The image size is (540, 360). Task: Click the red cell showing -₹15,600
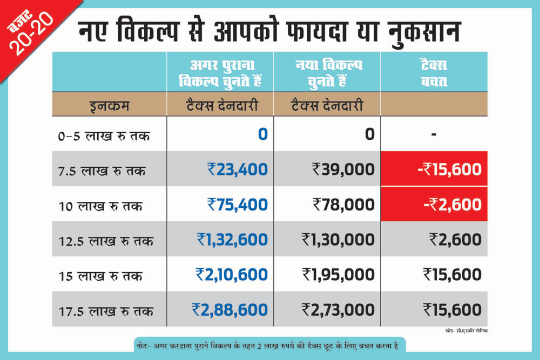tap(434, 169)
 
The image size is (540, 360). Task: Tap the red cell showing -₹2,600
tap(434, 205)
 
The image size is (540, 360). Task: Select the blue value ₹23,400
tap(238, 169)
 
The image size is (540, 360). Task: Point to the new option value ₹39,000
tap(343, 169)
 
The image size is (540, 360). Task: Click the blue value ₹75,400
tap(238, 205)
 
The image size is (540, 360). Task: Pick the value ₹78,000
tap(343, 205)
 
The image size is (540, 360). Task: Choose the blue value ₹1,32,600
tap(232, 239)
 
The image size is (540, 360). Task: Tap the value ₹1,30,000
tap(338, 239)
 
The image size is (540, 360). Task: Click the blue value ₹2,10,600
tap(232, 274)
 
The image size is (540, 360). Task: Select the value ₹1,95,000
tap(338, 274)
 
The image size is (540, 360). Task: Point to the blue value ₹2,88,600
tap(230, 310)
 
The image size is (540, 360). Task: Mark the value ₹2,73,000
tap(338, 310)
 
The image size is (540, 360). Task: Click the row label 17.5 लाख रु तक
tap(106, 311)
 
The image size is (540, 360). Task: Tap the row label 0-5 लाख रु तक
tap(104, 135)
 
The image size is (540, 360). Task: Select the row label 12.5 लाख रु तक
tap(106, 241)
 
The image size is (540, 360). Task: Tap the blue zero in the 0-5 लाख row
tap(262, 134)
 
